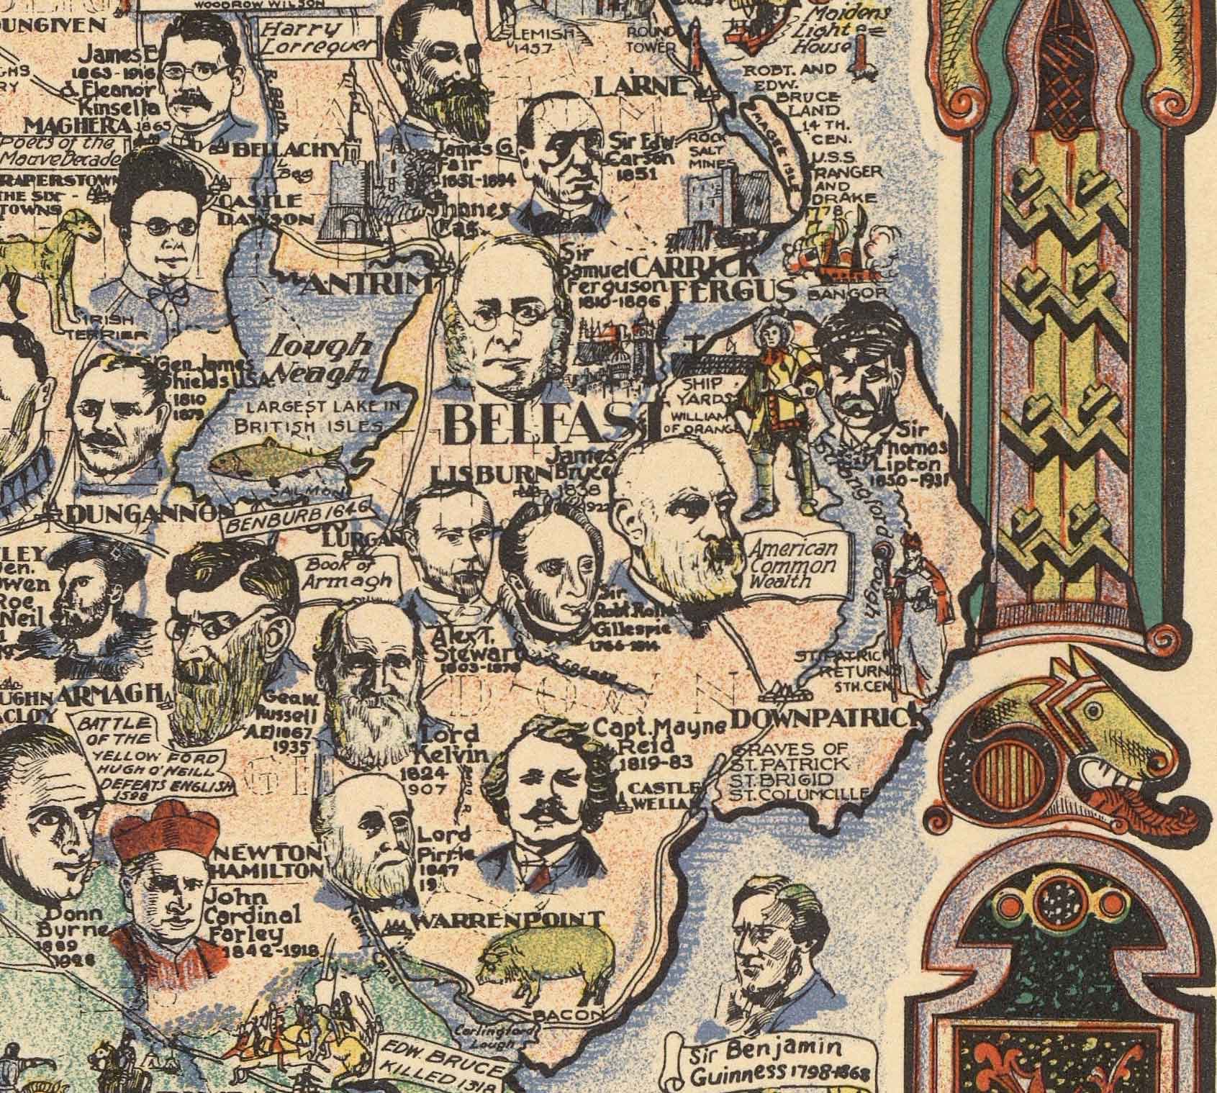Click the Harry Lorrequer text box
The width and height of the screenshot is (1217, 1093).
(320, 40)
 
